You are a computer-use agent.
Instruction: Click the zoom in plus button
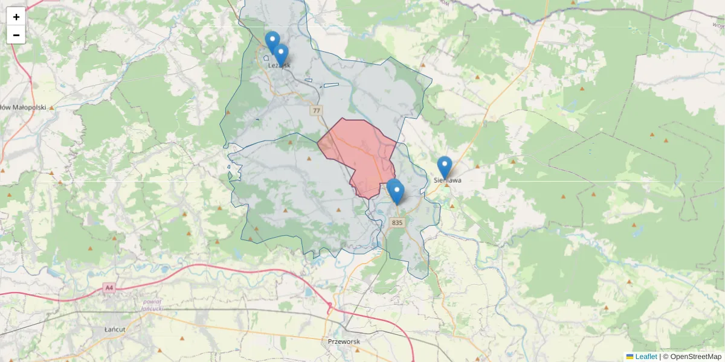click(x=16, y=16)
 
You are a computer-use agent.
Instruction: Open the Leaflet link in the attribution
click(x=646, y=357)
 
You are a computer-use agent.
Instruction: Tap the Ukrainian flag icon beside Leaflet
click(x=630, y=357)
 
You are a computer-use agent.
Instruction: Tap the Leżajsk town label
click(x=279, y=65)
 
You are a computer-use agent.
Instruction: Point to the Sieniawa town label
click(x=448, y=180)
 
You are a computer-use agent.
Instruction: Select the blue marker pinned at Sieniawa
click(x=445, y=167)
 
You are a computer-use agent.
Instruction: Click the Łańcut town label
click(x=114, y=330)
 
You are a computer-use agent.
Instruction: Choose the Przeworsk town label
click(x=343, y=341)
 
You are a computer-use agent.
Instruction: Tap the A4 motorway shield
click(x=109, y=288)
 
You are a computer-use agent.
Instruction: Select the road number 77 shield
click(x=317, y=110)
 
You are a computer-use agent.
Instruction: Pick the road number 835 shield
click(x=396, y=223)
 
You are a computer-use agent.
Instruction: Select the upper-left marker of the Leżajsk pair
click(x=272, y=42)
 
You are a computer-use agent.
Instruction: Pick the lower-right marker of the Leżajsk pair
click(x=281, y=54)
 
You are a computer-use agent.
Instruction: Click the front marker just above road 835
click(x=397, y=192)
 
